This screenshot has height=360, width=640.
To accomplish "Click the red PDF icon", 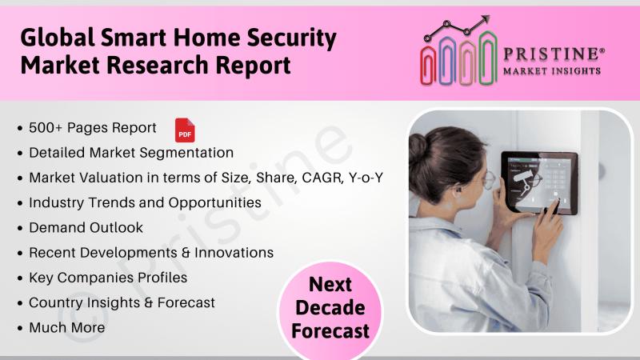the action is point(185,130).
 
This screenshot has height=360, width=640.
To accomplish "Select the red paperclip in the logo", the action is point(428,66).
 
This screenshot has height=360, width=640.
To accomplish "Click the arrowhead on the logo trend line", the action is point(485,19).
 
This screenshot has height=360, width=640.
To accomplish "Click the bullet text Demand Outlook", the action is point(86,227).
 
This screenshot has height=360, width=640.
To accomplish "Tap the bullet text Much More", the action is point(67,327).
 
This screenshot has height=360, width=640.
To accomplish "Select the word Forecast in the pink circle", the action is point(330,331).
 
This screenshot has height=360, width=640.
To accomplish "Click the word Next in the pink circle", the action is point(330,284).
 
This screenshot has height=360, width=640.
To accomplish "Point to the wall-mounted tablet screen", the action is point(539,182).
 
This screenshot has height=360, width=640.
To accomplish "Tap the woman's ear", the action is point(454,190).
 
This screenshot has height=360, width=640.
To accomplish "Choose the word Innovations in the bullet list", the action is point(234,253).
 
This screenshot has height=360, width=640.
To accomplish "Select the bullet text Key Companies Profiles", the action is point(108,278).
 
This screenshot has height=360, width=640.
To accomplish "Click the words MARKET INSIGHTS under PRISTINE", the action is point(552,71).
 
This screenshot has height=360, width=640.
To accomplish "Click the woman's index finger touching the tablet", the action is point(554,207).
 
